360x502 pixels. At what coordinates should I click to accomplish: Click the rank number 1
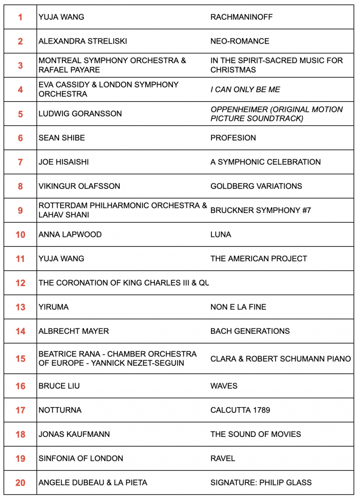(x=20, y=17)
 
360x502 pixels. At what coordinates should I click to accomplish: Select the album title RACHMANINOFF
(x=241, y=17)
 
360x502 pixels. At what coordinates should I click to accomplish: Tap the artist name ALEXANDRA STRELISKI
(x=83, y=41)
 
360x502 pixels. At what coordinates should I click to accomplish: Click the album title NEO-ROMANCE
(x=240, y=41)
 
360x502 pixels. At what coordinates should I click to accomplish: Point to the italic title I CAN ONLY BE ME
(x=245, y=89)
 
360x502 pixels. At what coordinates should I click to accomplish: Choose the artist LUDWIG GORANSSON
(x=80, y=114)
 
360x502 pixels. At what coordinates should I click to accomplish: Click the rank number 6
(x=20, y=138)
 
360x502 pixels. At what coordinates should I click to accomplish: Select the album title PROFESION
(x=233, y=138)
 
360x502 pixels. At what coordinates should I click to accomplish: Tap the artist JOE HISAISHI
(x=63, y=162)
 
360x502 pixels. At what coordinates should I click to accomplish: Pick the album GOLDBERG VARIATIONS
(x=256, y=186)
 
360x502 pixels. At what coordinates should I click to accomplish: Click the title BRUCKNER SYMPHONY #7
(x=261, y=210)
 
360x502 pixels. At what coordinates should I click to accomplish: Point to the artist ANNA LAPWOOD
(x=70, y=235)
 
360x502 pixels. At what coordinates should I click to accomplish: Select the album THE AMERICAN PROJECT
(x=259, y=258)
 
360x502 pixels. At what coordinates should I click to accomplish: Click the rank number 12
(x=20, y=283)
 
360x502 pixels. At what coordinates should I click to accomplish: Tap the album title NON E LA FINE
(x=238, y=307)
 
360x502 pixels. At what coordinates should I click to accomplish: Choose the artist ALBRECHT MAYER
(x=74, y=331)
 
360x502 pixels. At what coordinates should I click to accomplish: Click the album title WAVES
(x=224, y=386)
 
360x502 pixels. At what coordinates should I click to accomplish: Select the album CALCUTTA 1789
(x=240, y=410)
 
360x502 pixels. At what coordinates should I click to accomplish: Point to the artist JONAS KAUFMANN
(x=74, y=434)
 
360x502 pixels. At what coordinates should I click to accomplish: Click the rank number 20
(x=20, y=482)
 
